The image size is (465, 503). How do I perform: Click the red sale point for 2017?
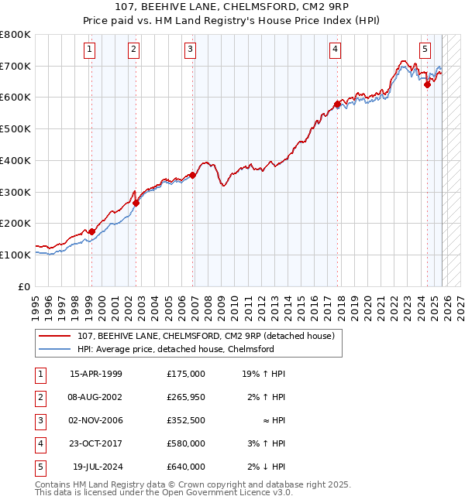(336, 103)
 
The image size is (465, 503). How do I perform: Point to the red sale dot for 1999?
(91, 231)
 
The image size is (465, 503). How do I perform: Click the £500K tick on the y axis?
(15, 128)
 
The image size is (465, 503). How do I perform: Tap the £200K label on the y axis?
(15, 223)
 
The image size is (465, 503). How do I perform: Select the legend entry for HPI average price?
(176, 349)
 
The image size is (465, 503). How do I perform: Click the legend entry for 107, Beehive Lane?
(205, 336)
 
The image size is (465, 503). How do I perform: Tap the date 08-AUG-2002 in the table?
(96, 397)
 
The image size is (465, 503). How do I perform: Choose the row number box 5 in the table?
(40, 467)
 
